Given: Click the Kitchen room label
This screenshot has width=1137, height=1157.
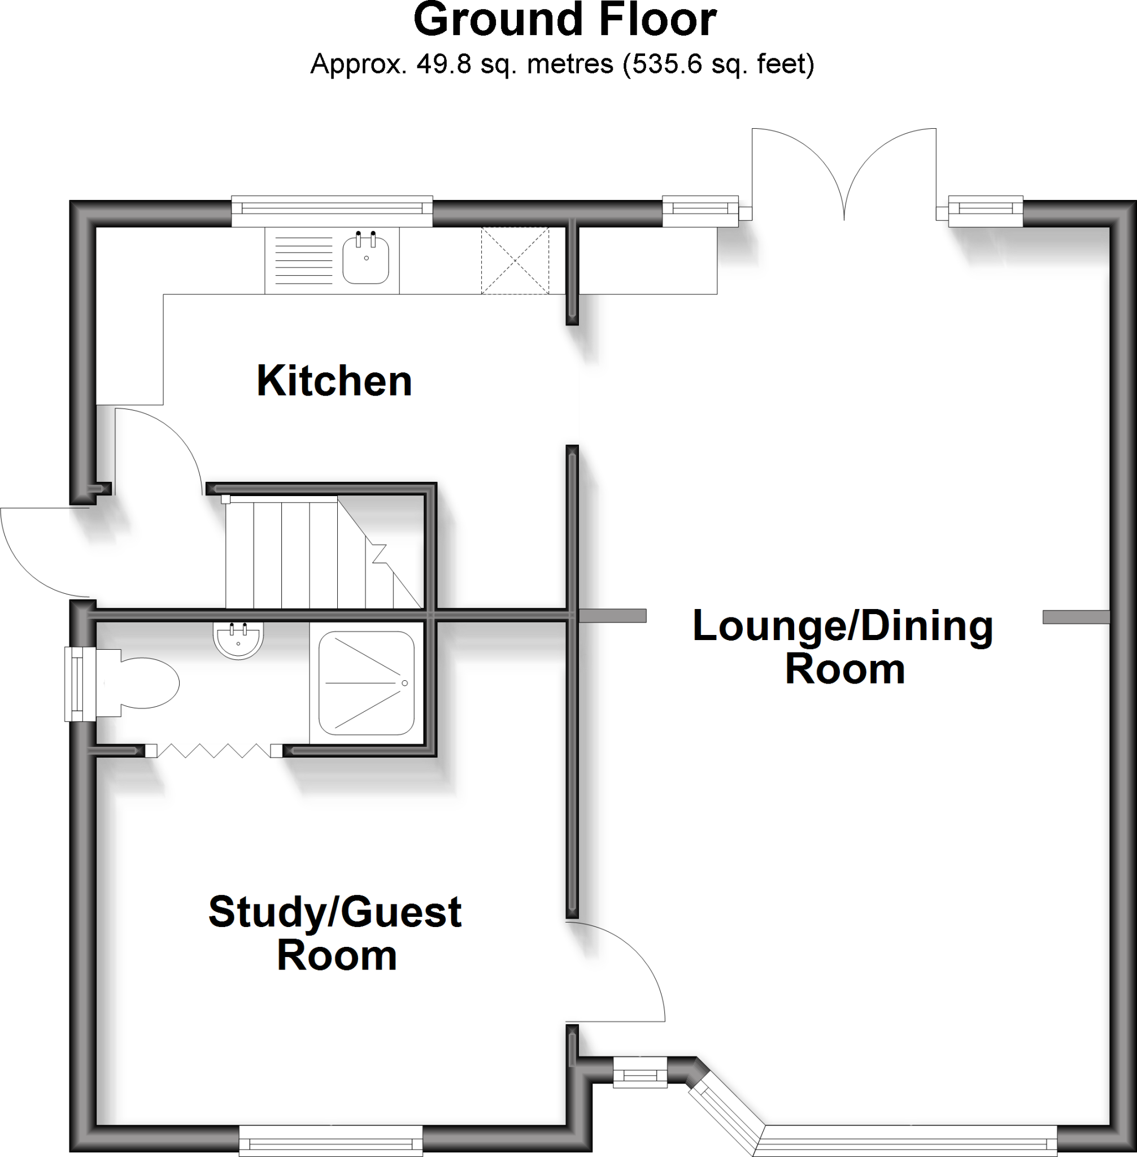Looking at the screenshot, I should tap(334, 381).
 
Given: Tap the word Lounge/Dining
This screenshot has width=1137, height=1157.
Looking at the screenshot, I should tap(843, 627).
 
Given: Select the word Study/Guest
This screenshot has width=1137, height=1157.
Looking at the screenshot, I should tap(334, 912).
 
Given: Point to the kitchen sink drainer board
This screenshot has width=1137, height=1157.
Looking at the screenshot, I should tap(303, 260).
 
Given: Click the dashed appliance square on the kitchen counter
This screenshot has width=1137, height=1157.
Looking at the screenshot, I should tap(515, 261).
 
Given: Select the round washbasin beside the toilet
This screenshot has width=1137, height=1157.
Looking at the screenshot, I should tap(238, 640).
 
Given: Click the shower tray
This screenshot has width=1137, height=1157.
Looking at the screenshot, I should tap(366, 682).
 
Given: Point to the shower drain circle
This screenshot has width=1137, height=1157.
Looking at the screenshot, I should tap(405, 682).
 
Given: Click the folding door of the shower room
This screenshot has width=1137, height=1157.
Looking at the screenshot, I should tap(214, 750).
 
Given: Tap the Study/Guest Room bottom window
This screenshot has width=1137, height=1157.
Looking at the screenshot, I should tap(331, 1143).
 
